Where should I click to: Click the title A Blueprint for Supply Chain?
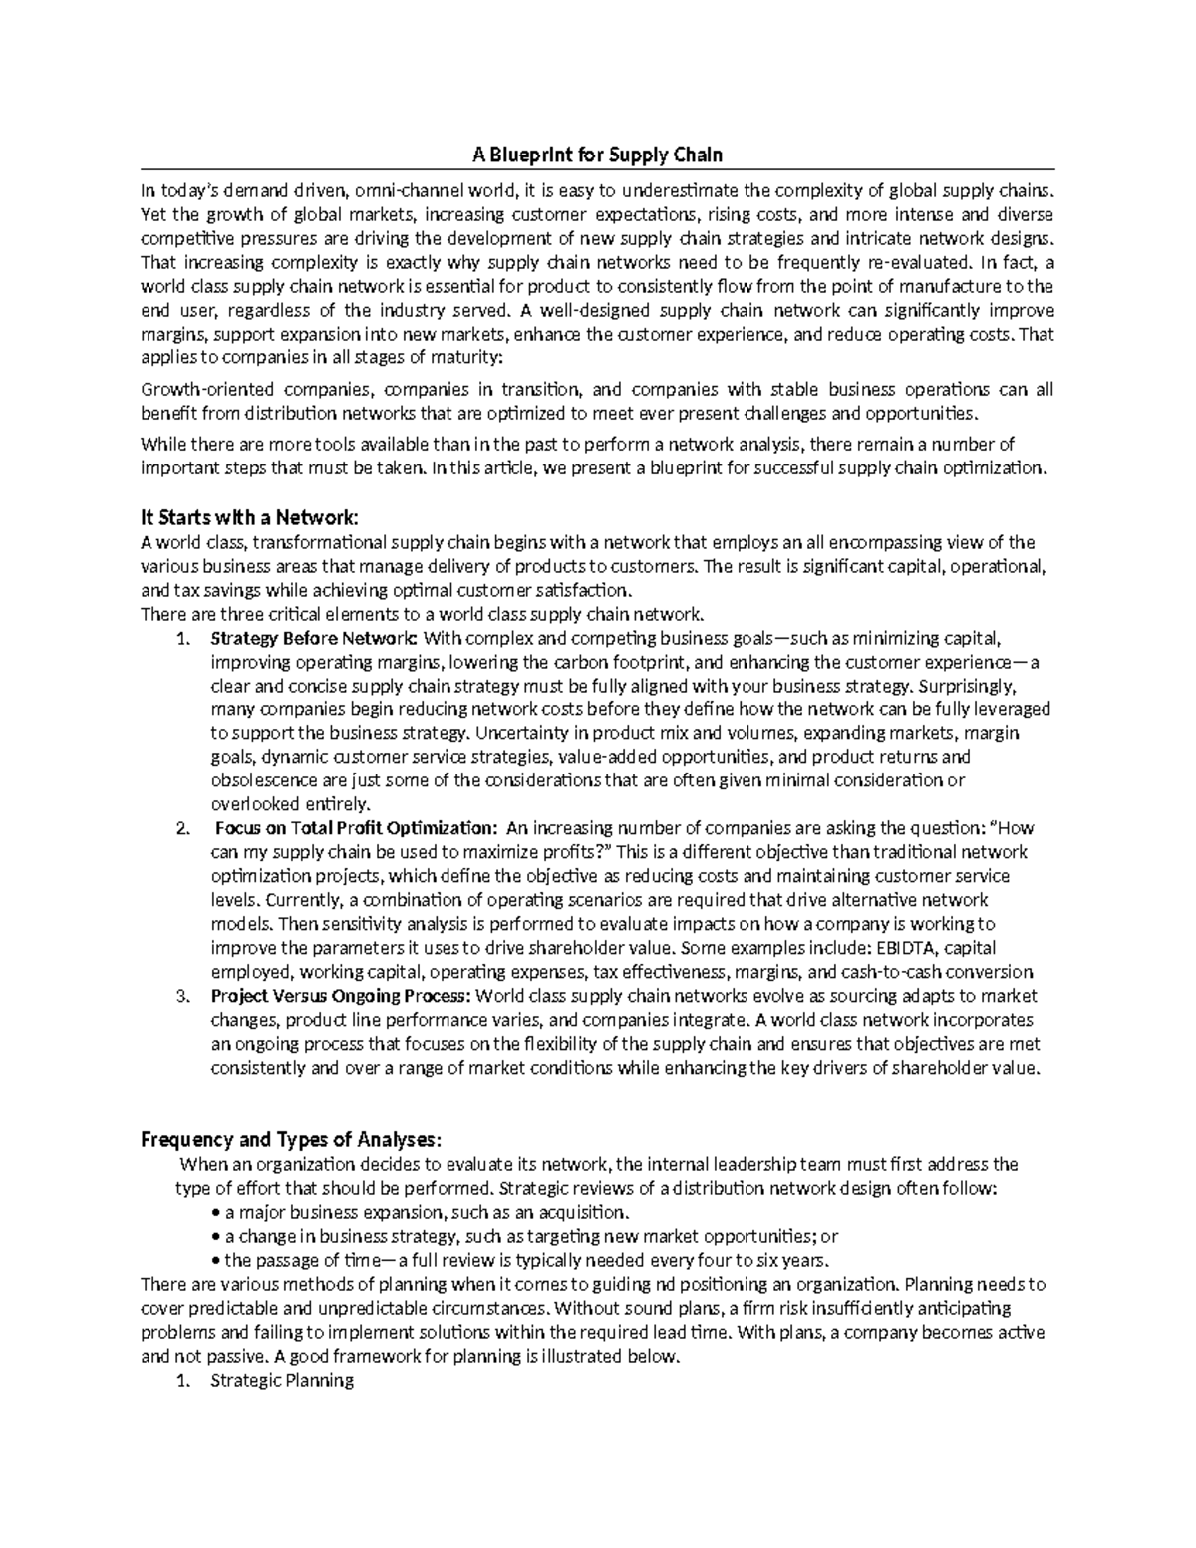coord(597,155)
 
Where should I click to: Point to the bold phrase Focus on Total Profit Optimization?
coord(355,828)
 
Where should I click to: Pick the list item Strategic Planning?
coord(282,1381)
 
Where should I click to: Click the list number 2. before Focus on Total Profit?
coord(181,829)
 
